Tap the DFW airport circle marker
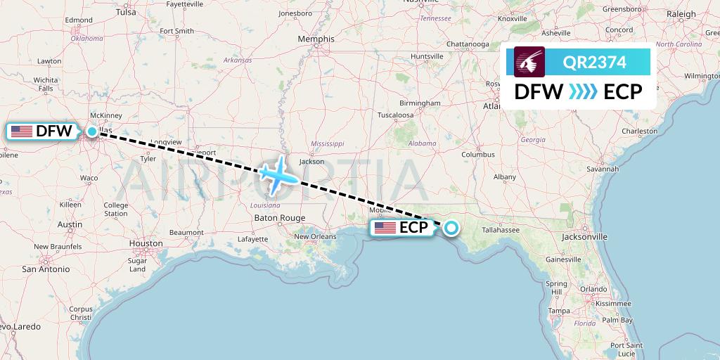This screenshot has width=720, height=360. [92, 131]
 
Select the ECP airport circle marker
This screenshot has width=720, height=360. [450, 227]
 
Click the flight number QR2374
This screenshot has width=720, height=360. [594, 63]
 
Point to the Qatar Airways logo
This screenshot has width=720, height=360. [529, 62]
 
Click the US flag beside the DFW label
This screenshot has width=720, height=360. [22, 131]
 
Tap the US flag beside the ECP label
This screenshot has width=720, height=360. [385, 228]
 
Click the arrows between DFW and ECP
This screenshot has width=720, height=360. [583, 91]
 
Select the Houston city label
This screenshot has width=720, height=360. [146, 243]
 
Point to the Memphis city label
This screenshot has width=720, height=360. [316, 39]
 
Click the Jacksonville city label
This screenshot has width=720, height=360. [584, 237]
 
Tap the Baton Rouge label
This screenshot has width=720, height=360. [280, 218]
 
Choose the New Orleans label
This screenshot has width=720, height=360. [315, 236]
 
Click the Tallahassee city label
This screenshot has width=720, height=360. [497, 229]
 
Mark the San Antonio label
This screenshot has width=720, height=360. [46, 269]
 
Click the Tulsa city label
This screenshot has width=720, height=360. [126, 12]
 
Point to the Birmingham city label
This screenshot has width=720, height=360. [419, 103]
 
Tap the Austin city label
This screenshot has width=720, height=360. [70, 224]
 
